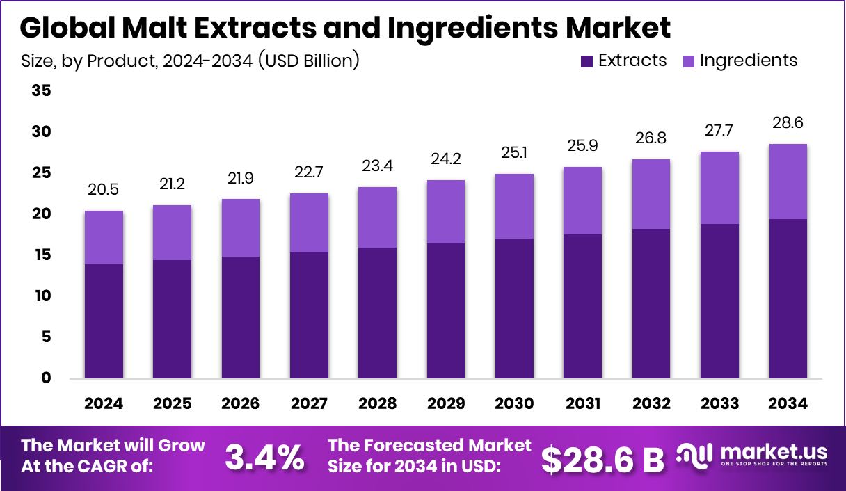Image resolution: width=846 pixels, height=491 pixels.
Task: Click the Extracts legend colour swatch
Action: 586,61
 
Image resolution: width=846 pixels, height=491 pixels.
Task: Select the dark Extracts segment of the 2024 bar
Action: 104,321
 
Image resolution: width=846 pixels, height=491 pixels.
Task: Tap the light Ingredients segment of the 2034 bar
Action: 788,182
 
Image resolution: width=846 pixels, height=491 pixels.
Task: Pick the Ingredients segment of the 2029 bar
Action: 445,211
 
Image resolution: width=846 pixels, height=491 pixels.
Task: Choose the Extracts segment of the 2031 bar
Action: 582,306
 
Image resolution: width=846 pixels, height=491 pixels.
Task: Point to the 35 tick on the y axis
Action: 41,90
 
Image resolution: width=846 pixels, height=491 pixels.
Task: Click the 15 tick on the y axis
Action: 41,255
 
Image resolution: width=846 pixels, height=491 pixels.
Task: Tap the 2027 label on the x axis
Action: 309,404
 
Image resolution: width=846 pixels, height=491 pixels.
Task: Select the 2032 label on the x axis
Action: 651,404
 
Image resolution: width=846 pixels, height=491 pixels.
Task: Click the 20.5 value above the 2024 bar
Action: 104,190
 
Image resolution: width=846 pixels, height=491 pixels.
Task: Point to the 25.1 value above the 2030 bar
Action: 514,153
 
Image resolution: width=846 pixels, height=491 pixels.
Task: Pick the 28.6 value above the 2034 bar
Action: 788,123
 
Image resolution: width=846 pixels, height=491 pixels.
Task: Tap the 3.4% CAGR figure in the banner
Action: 264,457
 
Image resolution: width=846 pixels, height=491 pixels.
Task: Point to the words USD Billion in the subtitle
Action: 308,61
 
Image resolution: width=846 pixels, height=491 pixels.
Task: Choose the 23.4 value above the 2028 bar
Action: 377,166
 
